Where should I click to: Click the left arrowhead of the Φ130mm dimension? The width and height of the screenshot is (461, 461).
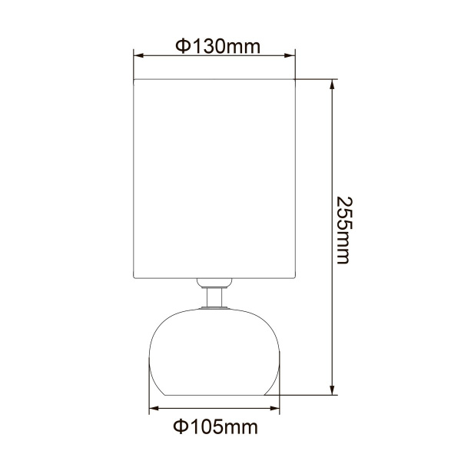(x=138, y=55)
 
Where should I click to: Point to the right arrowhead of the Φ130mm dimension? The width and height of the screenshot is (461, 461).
(x=291, y=55)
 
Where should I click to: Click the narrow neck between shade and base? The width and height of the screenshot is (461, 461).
(x=214, y=296)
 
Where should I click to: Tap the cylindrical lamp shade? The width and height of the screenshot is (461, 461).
(x=214, y=177)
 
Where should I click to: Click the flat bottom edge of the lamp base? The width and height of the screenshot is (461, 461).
(x=214, y=395)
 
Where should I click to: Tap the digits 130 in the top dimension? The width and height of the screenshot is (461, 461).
(x=210, y=45)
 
